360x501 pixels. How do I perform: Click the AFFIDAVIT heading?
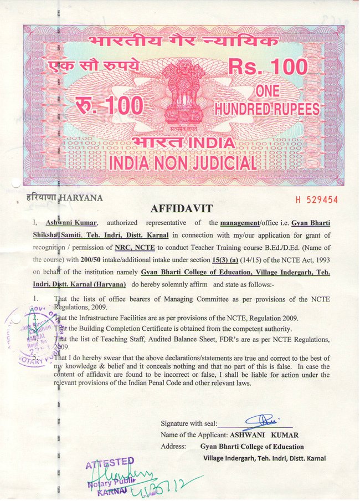180,209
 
